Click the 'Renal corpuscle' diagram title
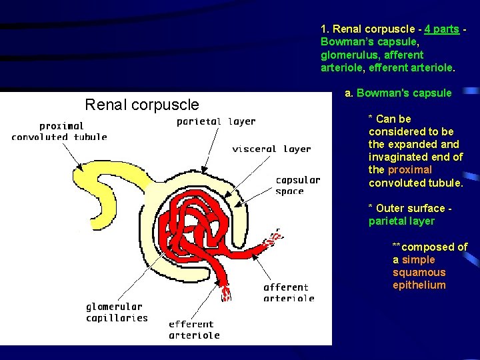[x=142, y=105]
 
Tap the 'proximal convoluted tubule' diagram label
[x=59, y=131]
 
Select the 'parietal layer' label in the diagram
[x=216, y=121]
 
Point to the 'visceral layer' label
[x=271, y=149]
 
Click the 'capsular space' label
[x=297, y=185]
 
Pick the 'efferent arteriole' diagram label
[x=194, y=329]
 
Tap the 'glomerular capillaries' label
[x=117, y=312]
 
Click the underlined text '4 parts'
[x=441, y=29]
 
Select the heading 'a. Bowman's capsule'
[x=398, y=93]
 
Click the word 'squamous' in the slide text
[x=419, y=273]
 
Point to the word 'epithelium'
[x=419, y=285]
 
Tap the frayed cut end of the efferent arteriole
[x=225, y=293]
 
